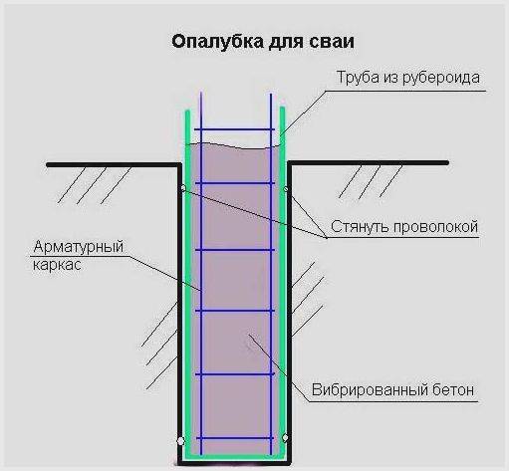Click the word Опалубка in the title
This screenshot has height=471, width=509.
(218, 42)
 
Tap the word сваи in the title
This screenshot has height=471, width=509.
(332, 42)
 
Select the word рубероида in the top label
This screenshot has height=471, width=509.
(441, 78)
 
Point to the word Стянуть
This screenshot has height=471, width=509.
(360, 227)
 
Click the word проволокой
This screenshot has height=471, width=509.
(435, 227)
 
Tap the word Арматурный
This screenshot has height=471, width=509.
(79, 247)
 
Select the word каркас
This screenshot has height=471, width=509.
(57, 265)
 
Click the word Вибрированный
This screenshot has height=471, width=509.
(370, 390)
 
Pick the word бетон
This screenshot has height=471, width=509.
(453, 390)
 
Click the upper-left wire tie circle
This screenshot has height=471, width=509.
(182, 188)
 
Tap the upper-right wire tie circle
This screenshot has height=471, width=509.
(286, 189)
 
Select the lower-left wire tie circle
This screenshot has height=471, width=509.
(180, 441)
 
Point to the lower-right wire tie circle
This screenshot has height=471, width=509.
(285, 438)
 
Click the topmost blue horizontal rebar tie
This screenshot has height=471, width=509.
(234, 129)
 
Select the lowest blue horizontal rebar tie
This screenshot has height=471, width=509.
(235, 438)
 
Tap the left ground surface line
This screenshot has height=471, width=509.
(114, 164)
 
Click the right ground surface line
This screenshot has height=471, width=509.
(369, 163)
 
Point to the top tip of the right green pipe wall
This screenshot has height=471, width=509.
(282, 108)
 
